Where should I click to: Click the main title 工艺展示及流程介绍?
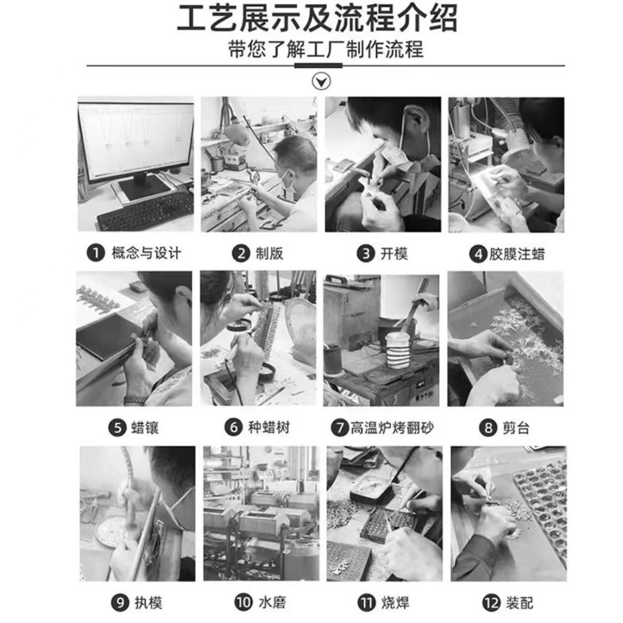tap(316, 19)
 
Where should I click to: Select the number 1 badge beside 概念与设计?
tap(95, 253)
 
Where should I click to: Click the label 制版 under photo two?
tap(269, 254)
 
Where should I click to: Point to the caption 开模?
tap(394, 254)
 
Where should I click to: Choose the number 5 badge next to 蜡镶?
tap(118, 428)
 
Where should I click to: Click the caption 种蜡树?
tap(269, 427)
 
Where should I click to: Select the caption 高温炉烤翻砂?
tap(391, 428)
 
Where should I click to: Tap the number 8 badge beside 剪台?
tap(488, 428)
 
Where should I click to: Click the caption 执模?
tap(148, 602)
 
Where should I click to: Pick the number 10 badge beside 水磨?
tap(243, 602)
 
